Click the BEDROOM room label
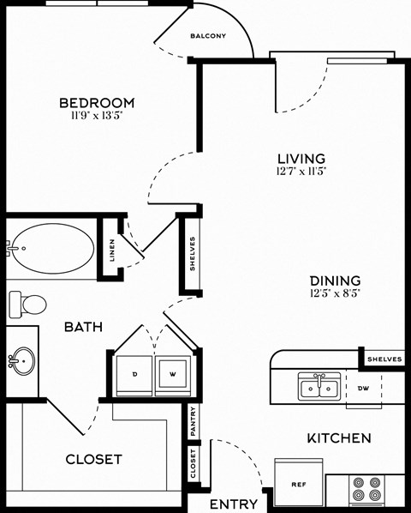pyautogui.click(x=96, y=104)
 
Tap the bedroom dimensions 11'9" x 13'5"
pyautogui.click(x=96, y=118)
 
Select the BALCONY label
pyautogui.click(x=207, y=36)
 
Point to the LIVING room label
pyautogui.click(x=301, y=158)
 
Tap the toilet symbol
pyautogui.click(x=28, y=303)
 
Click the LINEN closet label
pyautogui.click(x=111, y=249)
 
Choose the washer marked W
pyautogui.click(x=174, y=374)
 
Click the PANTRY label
pyautogui.click(x=194, y=421)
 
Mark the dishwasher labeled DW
pyautogui.click(x=363, y=387)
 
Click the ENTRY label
pyautogui.click(x=234, y=504)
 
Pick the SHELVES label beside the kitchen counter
pyautogui.click(x=384, y=359)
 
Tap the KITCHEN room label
pyautogui.click(x=338, y=438)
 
